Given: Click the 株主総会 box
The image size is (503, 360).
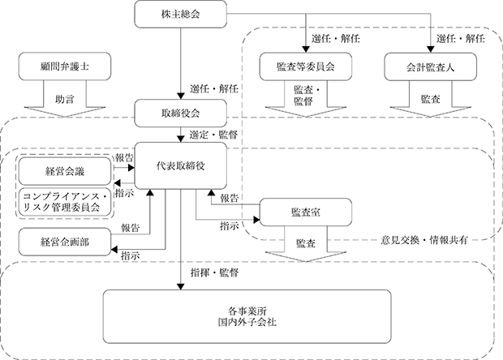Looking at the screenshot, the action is [x=181, y=15].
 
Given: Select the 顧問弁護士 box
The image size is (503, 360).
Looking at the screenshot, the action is [x=65, y=66].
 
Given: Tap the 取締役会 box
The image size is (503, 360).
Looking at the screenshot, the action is [x=181, y=114].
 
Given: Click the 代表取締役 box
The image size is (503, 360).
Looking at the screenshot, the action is [x=181, y=165].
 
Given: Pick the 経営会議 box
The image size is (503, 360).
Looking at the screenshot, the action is [x=65, y=171].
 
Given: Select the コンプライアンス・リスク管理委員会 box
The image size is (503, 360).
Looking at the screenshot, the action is [x=65, y=202].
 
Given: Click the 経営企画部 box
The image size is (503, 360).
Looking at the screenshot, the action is [x=65, y=242].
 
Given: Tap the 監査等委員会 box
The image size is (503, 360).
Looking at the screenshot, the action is [x=306, y=66].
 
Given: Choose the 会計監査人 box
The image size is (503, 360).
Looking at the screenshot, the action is [x=431, y=66].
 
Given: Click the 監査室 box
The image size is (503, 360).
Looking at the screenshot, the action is [x=306, y=212].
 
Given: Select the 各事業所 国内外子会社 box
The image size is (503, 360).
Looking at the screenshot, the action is [x=247, y=317].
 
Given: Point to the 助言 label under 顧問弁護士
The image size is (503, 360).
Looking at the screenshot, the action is [x=65, y=99].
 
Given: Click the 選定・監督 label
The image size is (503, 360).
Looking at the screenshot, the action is [x=213, y=135].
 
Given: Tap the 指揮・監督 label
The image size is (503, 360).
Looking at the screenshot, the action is [x=215, y=272].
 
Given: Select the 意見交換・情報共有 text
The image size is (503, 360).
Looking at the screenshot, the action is [x=424, y=240].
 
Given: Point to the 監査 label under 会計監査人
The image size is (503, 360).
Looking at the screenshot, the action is [x=431, y=99].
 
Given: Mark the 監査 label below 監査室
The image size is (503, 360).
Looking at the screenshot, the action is [x=306, y=243].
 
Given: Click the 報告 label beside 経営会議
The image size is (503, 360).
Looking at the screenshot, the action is [x=124, y=158].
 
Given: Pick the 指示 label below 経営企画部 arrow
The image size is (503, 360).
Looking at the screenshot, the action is [x=131, y=256].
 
